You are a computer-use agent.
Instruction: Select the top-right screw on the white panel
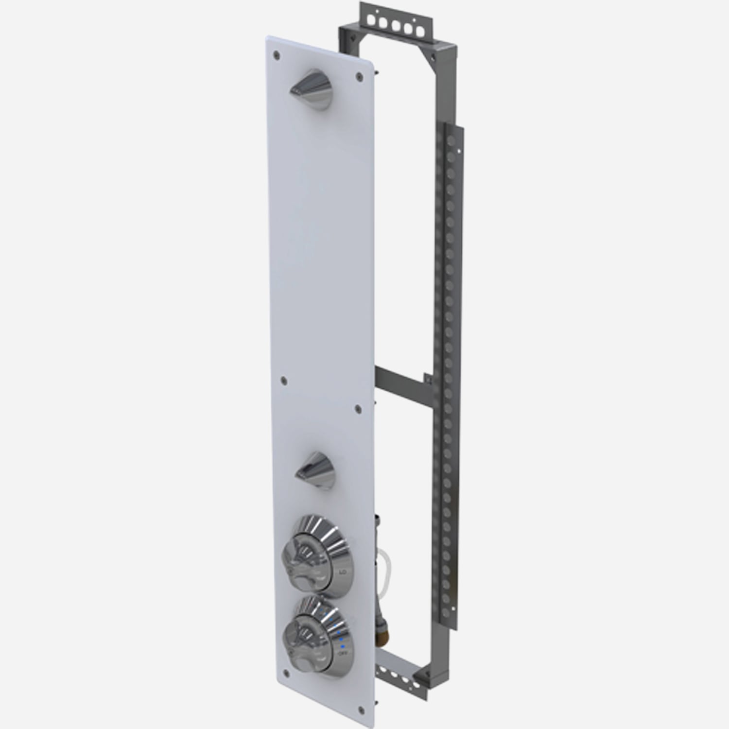click(x=359, y=75)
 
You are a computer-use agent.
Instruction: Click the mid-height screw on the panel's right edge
click(x=359, y=406)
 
